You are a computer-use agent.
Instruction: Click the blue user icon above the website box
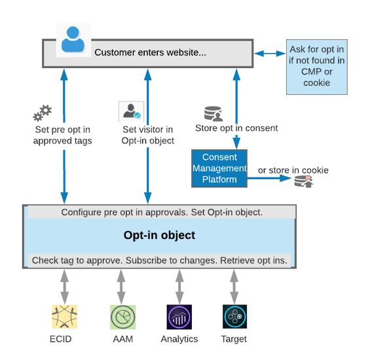pyautogui.click(x=73, y=39)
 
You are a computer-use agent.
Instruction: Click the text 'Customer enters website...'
pyautogui.click(x=150, y=52)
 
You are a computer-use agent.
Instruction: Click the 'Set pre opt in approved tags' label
pyautogui.click(x=62, y=135)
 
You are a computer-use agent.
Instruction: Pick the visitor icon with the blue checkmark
pyautogui.click(x=130, y=111)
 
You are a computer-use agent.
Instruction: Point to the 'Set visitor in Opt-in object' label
pyautogui.click(x=147, y=135)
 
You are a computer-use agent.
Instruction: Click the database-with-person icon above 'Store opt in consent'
pyautogui.click(x=213, y=113)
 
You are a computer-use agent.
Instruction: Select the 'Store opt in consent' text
pyautogui.click(x=236, y=128)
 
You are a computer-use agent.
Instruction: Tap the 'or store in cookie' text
pyautogui.click(x=293, y=170)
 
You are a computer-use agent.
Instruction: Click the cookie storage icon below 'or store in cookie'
pyautogui.click(x=303, y=183)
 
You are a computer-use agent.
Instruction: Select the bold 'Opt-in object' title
pyautogui.click(x=159, y=235)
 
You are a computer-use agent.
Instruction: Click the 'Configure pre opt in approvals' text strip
pyautogui.click(x=161, y=213)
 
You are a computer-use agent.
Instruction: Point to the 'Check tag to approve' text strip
pyautogui.click(x=159, y=261)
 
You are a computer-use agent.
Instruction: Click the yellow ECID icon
pyautogui.click(x=64, y=317)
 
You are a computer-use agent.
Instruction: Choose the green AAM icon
pyautogui.click(x=122, y=317)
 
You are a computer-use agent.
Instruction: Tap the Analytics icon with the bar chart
pyautogui.click(x=179, y=317)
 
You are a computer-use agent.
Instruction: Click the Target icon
pyautogui.click(x=234, y=317)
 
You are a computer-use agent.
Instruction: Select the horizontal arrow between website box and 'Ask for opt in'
pyautogui.click(x=269, y=53)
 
